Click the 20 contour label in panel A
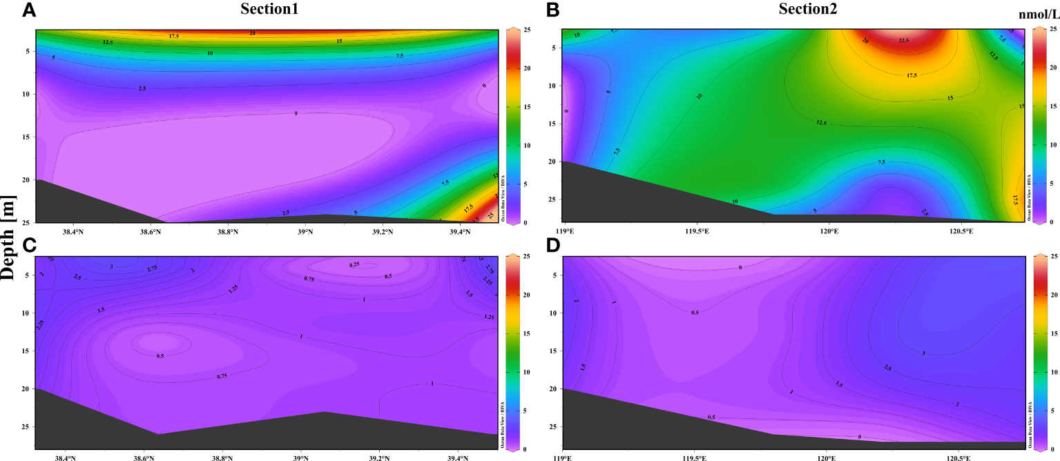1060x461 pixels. (252, 32)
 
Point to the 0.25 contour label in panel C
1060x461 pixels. (354, 265)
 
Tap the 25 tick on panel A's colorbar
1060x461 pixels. (525, 30)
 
